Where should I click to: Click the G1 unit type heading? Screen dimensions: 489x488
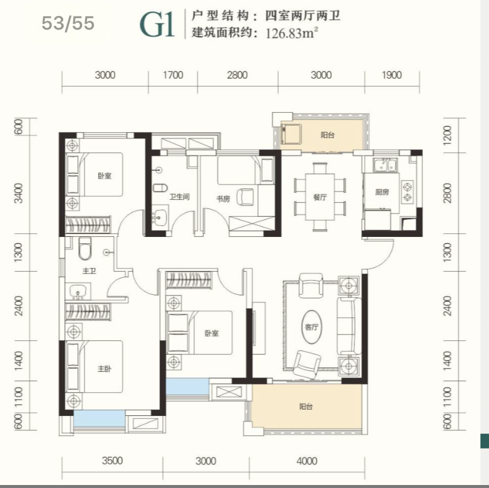pos(157,25)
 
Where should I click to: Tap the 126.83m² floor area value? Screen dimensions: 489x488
pos(292,32)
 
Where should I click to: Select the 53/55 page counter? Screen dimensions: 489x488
pos(68,23)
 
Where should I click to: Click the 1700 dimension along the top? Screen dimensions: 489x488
pos(173,75)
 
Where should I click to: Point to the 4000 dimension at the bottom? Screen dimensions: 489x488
pos(307,461)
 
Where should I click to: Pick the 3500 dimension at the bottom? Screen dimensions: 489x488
pos(112,461)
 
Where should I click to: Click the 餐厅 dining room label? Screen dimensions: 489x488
pos(320,197)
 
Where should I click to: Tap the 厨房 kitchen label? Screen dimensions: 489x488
pos(382,192)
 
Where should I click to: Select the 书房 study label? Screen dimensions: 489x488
pos(223,199)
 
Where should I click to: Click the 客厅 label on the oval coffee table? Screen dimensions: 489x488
pos(312,327)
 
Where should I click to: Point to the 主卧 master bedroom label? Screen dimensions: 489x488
pos(104,369)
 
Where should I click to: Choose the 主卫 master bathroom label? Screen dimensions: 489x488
pos(89,271)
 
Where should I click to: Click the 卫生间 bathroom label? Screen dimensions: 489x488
pos(180,197)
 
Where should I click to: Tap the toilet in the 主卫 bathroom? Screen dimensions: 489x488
pos(85,249)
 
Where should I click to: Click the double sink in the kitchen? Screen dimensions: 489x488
pos(386,165)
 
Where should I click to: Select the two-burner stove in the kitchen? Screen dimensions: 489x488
pos(407,192)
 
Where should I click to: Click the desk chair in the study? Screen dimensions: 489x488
pos(246,197)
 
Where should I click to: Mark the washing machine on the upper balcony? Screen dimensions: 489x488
pos(291,134)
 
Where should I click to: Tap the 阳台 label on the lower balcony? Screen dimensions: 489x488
pos(306,406)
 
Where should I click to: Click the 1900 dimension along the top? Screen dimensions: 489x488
pos(392,75)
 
